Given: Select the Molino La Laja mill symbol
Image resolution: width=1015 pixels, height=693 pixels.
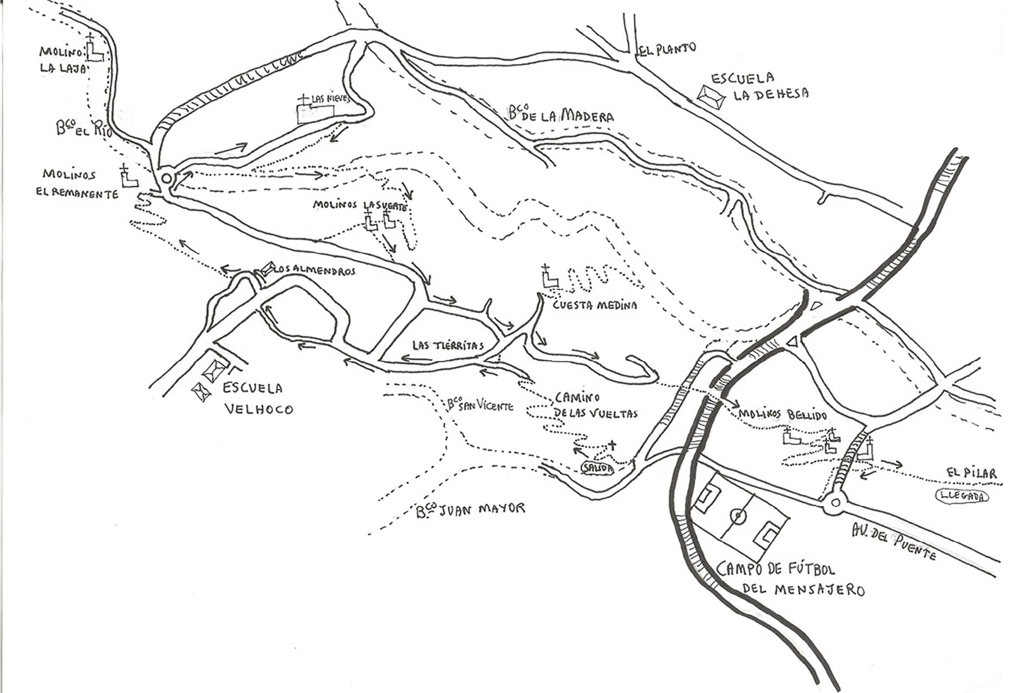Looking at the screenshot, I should click(94, 52).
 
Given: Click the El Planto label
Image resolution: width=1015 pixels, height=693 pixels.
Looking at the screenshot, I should click(667, 49).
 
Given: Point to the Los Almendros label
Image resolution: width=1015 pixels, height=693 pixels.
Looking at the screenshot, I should click(315, 271).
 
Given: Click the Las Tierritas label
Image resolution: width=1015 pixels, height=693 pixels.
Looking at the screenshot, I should click(448, 346).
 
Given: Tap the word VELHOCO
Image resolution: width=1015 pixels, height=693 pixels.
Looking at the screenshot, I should click(259, 409).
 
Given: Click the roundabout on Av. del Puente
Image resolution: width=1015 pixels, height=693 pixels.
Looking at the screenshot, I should click(835, 503).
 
